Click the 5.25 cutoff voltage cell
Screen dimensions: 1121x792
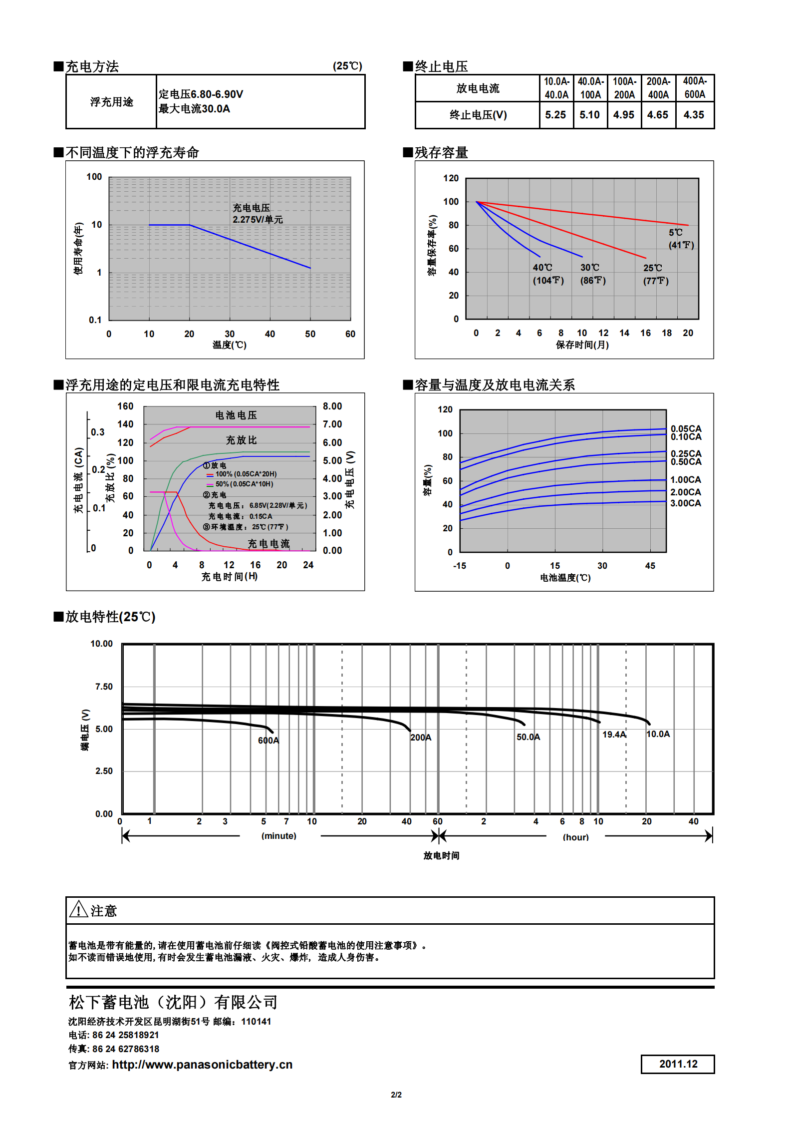pyautogui.click(x=555, y=115)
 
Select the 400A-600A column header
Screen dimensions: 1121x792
pyautogui.click(x=695, y=88)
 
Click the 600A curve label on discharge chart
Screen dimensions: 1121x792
pyautogui.click(x=268, y=741)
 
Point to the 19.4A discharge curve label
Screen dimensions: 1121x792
pyautogui.click(x=614, y=735)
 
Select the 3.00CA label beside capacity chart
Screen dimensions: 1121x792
pyautogui.click(x=685, y=503)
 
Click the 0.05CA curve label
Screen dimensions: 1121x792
pyautogui.click(x=686, y=428)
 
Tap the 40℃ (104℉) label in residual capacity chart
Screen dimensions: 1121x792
pyautogui.click(x=548, y=274)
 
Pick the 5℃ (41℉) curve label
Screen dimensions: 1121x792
pyautogui.click(x=681, y=239)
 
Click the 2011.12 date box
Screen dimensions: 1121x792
pyautogui.click(x=678, y=1064)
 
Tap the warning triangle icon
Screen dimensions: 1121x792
pyautogui.click(x=78, y=909)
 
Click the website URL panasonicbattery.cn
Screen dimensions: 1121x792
pyautogui.click(x=202, y=1065)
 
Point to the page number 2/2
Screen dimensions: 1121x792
pyautogui.click(x=396, y=1095)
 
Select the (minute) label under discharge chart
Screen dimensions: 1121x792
pyautogui.click(x=278, y=836)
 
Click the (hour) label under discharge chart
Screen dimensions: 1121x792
pyautogui.click(x=575, y=837)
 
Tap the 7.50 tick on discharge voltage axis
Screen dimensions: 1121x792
pyautogui.click(x=104, y=687)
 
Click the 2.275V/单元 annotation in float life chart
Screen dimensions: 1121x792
pyautogui.click(x=258, y=220)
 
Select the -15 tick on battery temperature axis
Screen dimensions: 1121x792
pyautogui.click(x=459, y=566)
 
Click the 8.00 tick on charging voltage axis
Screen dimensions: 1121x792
pyautogui.click(x=332, y=406)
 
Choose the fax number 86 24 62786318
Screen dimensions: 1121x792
pyautogui.click(x=126, y=1049)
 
